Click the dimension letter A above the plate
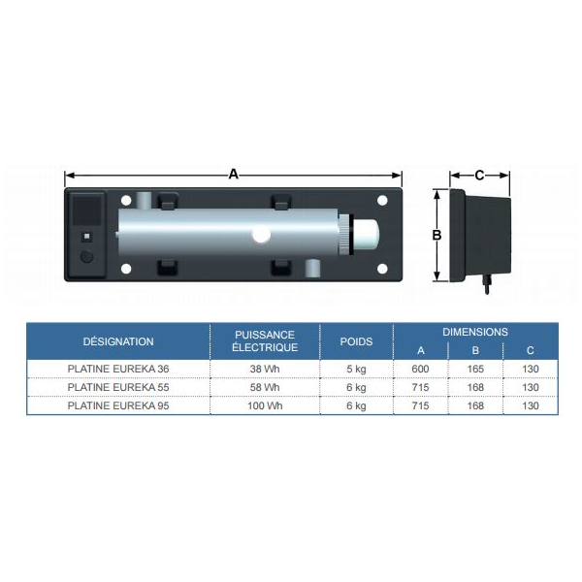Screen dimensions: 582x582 [x=233, y=174]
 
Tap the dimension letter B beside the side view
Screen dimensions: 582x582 [x=436, y=235]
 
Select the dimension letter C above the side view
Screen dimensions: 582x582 [x=479, y=176]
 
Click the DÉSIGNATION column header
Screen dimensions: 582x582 [x=118, y=341]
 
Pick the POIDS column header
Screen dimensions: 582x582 [x=356, y=341]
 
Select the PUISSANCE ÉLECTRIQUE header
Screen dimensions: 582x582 [x=265, y=341]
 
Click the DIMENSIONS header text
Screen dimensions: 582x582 [x=475, y=332]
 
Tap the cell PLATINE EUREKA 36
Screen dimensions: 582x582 [x=118, y=369]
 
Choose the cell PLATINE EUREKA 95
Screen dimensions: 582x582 [x=118, y=405]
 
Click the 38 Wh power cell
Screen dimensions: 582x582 [x=265, y=369]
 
